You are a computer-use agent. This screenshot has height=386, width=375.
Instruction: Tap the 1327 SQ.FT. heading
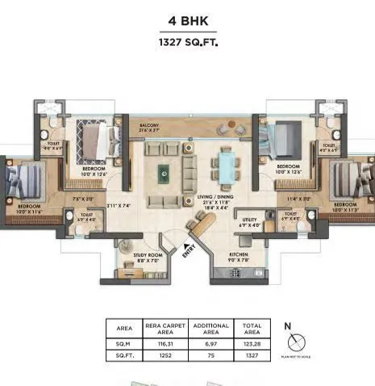click(x=186, y=41)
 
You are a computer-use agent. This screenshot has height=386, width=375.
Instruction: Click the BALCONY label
click(x=148, y=126)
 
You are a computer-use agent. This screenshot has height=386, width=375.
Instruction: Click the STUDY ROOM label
click(x=148, y=256)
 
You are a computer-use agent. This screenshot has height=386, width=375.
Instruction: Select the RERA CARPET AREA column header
click(x=165, y=329)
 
